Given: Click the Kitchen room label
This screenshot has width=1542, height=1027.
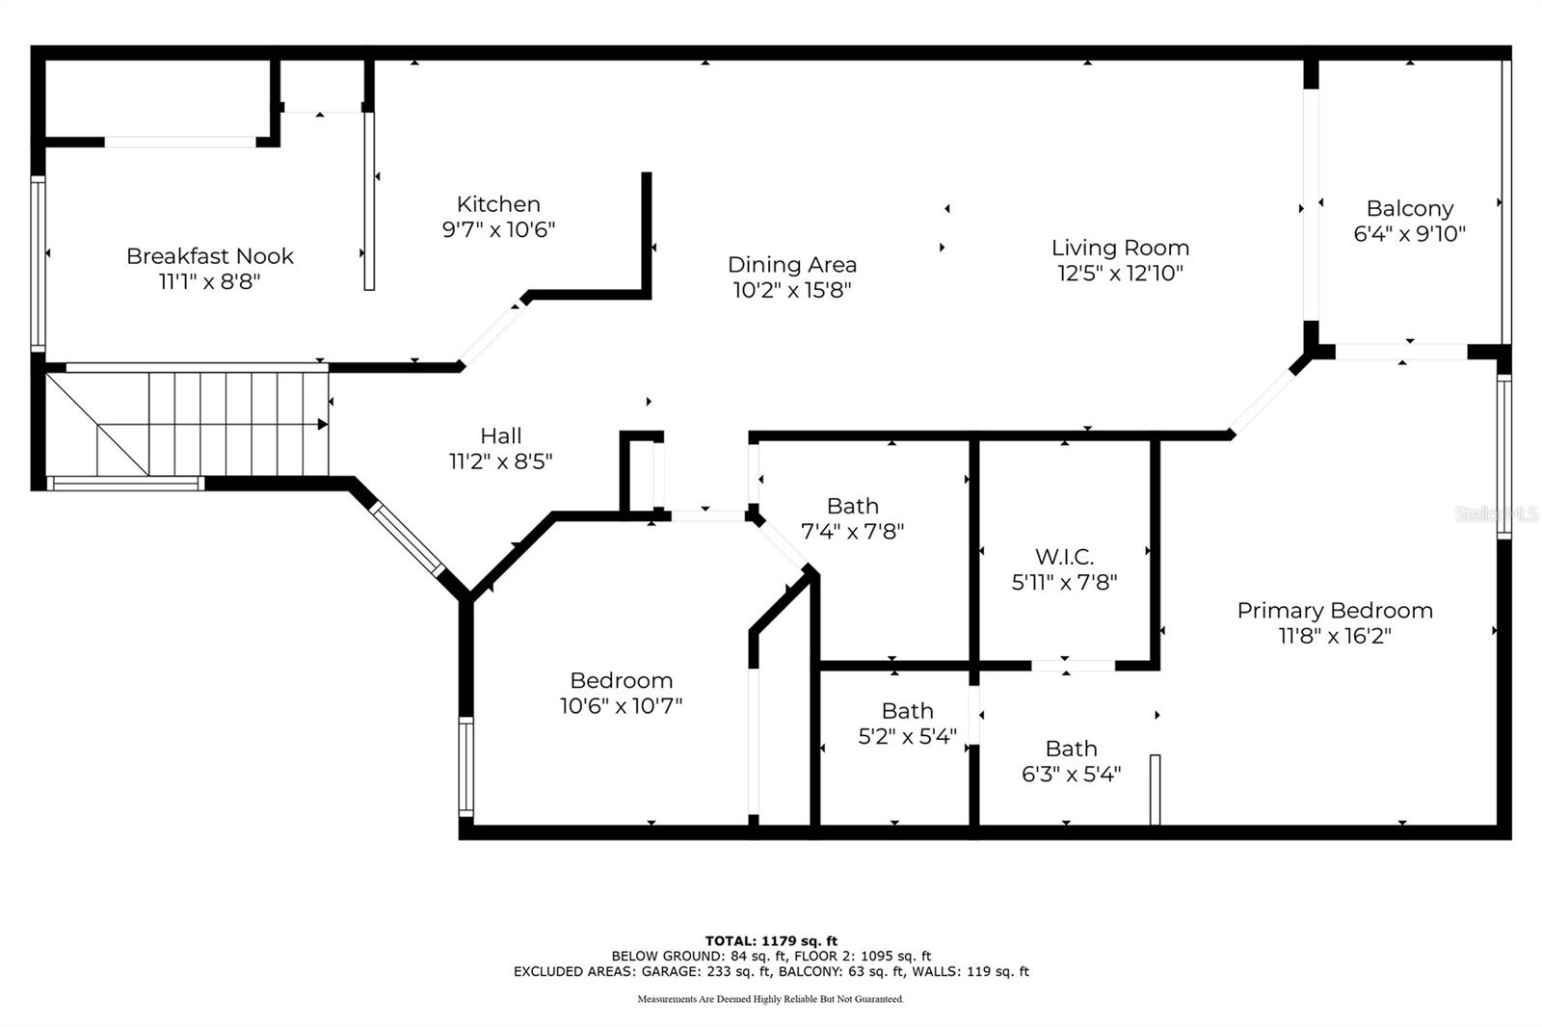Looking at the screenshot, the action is pos(498,204).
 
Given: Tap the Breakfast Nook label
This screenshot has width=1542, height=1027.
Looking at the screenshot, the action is pos(210,256).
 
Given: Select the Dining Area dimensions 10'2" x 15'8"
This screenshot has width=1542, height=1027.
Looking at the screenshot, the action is pos(792,290).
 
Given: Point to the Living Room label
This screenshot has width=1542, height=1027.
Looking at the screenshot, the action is pos(1120,248).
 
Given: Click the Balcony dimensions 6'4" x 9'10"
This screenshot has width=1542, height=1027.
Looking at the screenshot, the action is pos(1409,233).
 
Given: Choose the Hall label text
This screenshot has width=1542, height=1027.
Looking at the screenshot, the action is pos(500,435).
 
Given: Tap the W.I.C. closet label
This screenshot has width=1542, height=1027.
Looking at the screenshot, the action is pos(1064,556).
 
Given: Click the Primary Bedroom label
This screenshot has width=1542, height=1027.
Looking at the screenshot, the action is pos(1335,611).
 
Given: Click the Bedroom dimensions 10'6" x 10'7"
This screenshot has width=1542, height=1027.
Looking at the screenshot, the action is pos(621,705).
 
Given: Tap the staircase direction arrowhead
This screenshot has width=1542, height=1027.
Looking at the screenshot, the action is pos(322,425).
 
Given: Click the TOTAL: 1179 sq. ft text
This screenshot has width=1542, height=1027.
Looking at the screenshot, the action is pos(771,940).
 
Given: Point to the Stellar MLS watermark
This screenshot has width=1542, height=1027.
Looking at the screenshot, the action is pos(1497,514).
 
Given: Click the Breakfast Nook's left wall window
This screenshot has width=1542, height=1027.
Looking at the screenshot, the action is pos(38,264).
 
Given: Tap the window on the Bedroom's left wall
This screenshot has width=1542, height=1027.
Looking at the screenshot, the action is pos(466,766).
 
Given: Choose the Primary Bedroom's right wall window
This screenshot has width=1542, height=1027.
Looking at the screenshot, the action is pos(1504,457).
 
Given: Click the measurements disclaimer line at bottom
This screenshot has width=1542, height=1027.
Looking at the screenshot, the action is pos(770,999).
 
